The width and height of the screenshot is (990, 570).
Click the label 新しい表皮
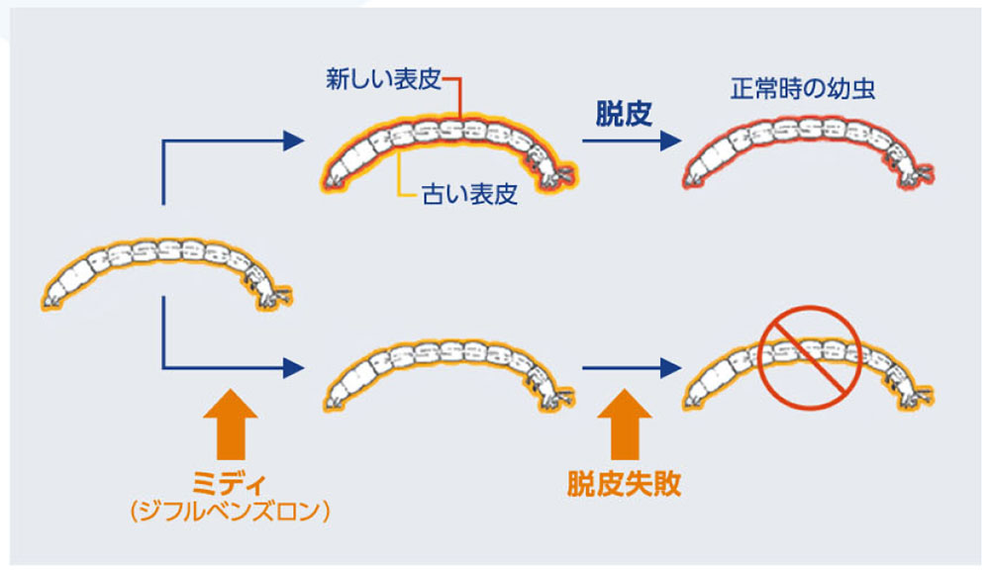382,80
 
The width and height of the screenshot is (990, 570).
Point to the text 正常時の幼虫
803,89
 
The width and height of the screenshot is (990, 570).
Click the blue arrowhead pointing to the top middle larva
291,142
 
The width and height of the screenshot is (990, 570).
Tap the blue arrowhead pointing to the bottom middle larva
291,368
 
